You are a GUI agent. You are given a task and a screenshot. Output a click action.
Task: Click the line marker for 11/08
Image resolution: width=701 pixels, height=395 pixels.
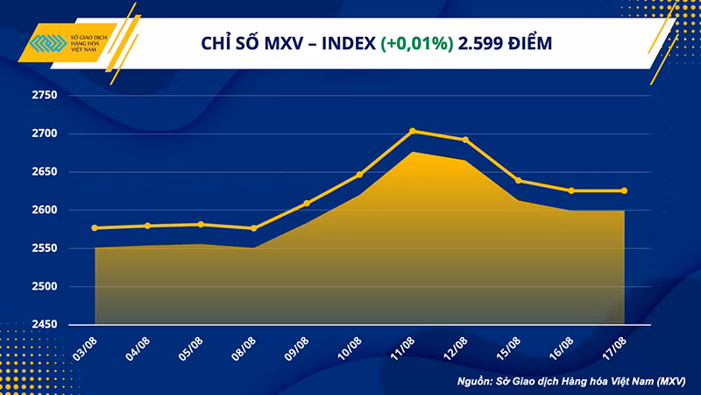tap(413, 132)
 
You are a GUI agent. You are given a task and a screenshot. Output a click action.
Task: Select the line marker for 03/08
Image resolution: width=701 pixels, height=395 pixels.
tap(95, 228)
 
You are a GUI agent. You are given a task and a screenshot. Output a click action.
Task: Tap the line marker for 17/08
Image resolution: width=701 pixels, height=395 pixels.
tap(624, 190)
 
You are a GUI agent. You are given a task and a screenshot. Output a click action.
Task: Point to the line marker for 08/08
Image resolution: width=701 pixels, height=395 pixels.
tap(253, 228)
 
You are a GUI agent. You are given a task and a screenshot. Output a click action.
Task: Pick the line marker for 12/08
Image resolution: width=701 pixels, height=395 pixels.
tap(465, 140)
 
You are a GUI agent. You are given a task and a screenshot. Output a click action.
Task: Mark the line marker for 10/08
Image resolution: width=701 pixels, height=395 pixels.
tap(359, 175)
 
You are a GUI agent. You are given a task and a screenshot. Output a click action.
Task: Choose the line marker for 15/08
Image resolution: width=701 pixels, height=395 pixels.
tap(519, 181)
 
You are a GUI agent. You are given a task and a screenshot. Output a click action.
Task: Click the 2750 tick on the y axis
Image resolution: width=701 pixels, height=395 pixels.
tap(41, 96)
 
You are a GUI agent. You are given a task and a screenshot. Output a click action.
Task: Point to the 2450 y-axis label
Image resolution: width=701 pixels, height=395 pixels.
tap(41, 325)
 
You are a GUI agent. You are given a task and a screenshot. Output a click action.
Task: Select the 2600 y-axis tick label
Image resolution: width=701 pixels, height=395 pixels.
tap(41, 211)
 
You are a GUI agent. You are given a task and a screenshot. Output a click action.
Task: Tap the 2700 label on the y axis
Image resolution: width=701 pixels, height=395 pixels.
tap(41, 134)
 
